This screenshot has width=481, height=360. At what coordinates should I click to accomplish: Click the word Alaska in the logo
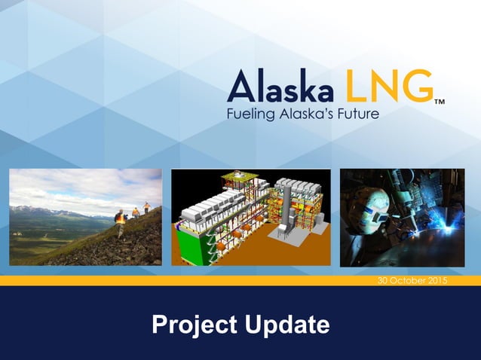tap(280, 87)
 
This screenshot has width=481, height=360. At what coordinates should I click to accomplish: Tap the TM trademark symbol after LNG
tap(439, 100)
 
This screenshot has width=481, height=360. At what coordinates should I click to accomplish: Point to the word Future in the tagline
tap(357, 114)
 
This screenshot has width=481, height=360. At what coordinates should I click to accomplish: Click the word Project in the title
tap(192, 325)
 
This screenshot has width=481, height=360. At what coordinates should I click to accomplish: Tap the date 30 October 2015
tap(412, 281)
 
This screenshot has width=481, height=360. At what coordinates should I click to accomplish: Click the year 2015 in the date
tap(435, 281)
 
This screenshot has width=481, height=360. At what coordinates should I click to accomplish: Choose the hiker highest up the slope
tap(147, 206)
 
